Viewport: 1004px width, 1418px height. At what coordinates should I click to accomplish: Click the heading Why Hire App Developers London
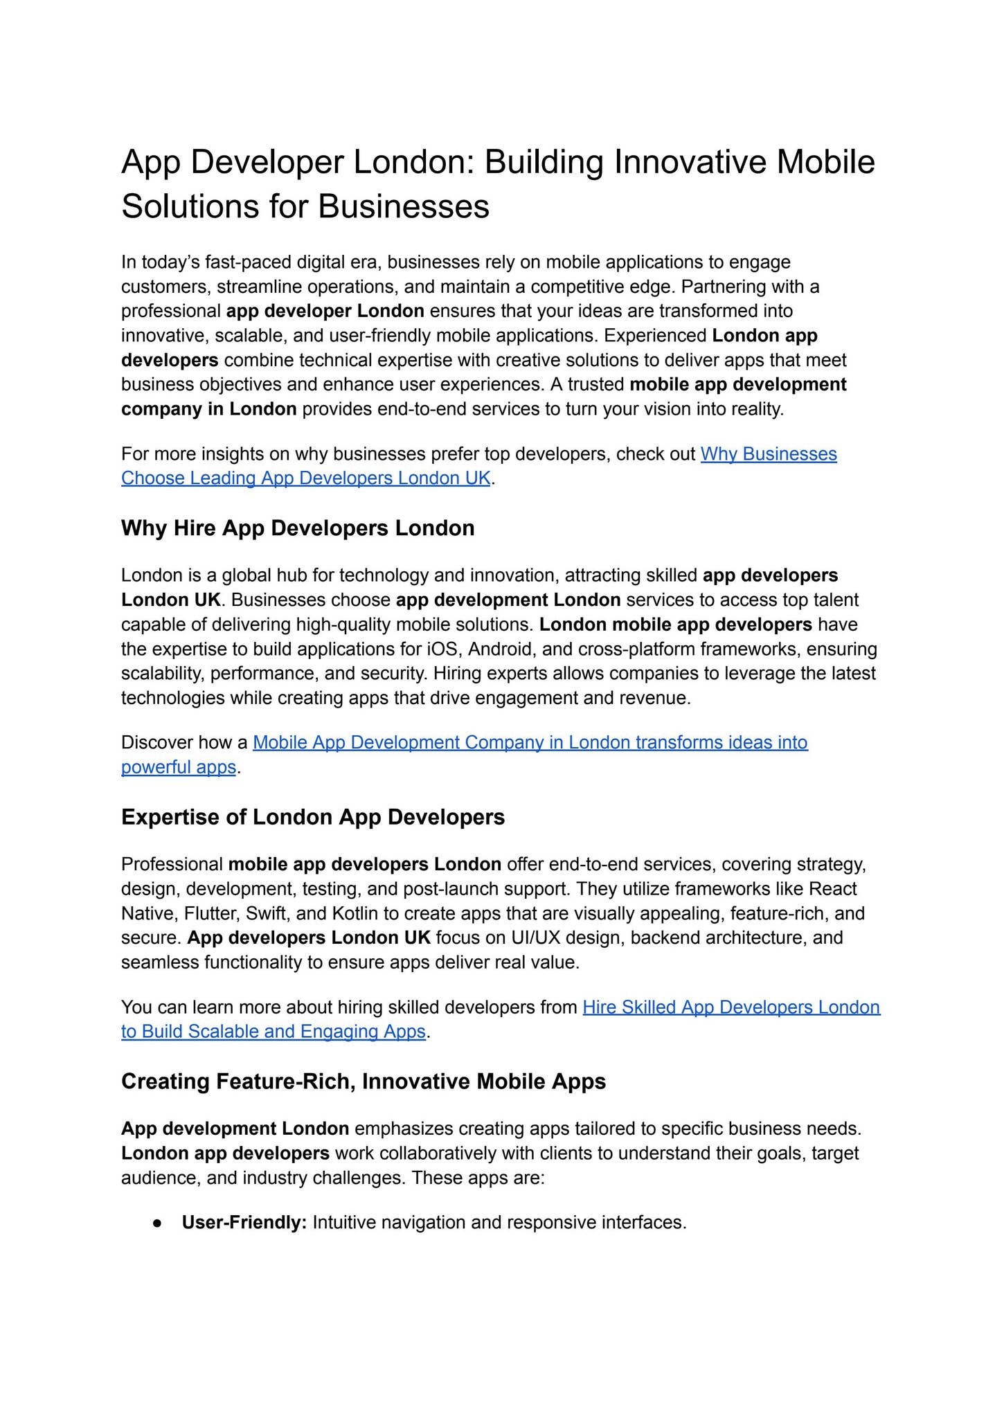pyautogui.click(x=298, y=528)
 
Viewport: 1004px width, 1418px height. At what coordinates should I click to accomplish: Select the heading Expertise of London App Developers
pyautogui.click(x=313, y=817)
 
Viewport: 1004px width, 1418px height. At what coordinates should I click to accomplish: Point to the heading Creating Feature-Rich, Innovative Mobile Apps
pyautogui.click(x=364, y=1082)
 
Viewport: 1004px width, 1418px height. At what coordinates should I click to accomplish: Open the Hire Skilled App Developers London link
pyautogui.click(x=731, y=1007)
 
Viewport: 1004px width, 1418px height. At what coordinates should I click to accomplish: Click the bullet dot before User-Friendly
pyautogui.click(x=158, y=1223)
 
